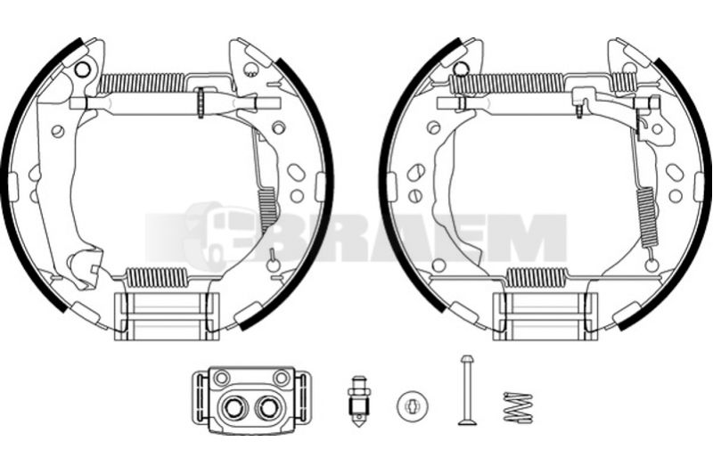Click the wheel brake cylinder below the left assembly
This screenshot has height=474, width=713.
coord(251,400)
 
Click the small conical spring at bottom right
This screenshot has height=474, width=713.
coord(518,407)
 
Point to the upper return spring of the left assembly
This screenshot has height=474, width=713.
coord(142,83)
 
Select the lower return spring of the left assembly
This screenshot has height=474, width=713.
coord(157,277)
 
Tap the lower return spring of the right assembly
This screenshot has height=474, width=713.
coord(537,277)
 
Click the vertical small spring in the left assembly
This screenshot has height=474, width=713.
coord(267,210)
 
